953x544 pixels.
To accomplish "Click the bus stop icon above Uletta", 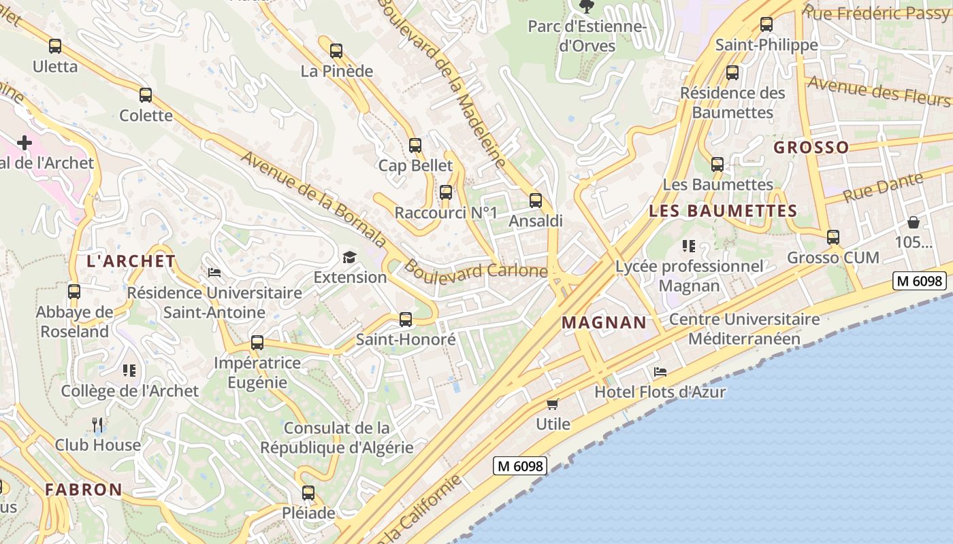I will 55,46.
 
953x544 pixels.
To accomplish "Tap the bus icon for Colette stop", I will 146,95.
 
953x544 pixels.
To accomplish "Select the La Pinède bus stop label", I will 337,71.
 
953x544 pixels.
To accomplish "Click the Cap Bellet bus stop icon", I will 415,145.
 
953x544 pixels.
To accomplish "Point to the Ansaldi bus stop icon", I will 536,200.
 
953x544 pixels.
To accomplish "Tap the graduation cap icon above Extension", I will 349,257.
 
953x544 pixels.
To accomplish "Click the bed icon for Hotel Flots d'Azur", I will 660,372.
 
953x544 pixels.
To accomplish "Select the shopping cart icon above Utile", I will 553,404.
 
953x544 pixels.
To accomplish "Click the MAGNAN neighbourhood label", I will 604,322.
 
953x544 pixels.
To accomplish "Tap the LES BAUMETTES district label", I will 723,211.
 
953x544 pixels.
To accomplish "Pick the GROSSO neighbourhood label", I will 811,148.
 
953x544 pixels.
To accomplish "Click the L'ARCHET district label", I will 131,261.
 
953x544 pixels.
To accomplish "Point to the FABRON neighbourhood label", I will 84,490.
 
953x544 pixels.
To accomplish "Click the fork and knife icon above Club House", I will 97,425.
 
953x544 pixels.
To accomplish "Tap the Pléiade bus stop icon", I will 308,493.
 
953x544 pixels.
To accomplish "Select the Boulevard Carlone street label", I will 476,270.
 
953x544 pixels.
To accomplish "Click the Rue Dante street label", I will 884,186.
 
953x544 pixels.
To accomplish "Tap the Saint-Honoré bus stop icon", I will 406,319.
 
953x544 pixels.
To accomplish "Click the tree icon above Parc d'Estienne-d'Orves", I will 585,7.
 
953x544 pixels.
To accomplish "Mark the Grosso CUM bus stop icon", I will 833,237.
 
